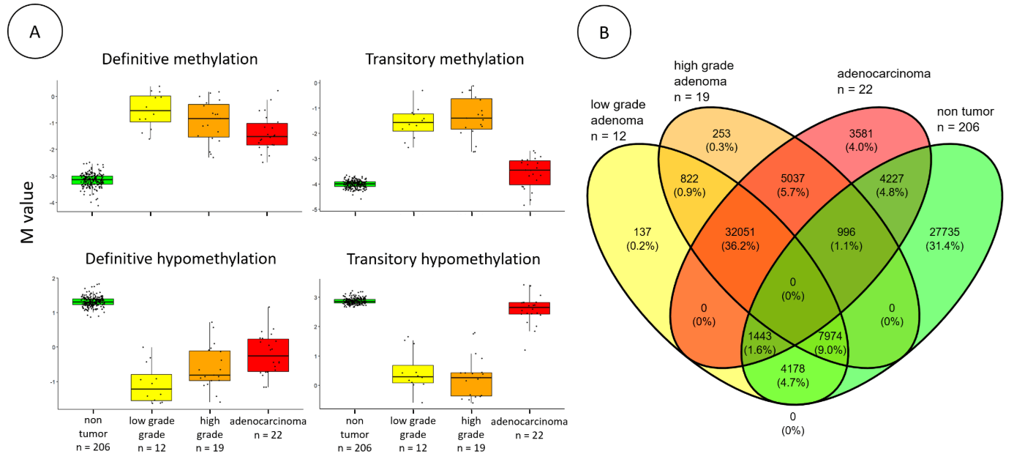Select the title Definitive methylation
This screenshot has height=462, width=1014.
tap(180, 59)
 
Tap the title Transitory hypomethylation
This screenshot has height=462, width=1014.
tap(443, 259)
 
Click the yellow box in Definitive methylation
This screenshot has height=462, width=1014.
tap(151, 108)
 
